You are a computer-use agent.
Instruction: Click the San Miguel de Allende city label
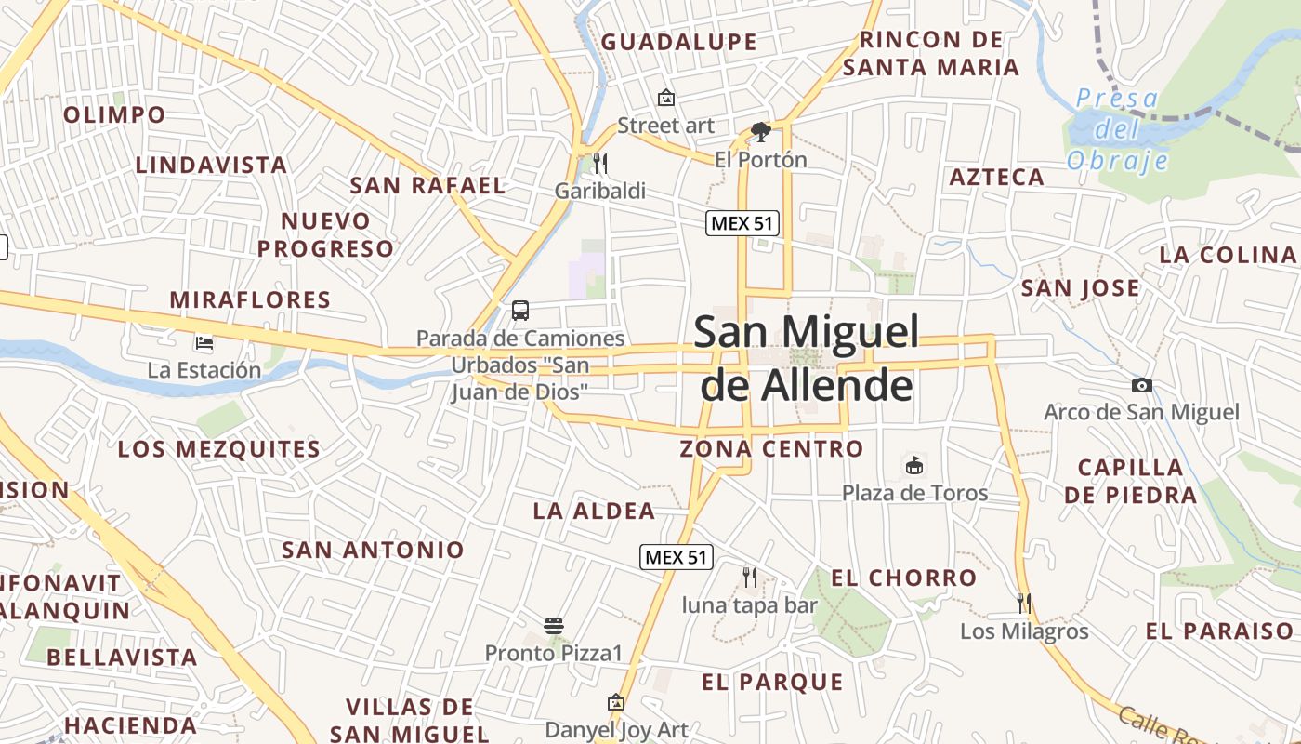[x=807, y=358]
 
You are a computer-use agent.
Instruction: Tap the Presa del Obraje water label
[x=1117, y=129]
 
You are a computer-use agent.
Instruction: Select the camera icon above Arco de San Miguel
[x=1141, y=385]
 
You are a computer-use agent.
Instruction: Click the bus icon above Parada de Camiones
[x=520, y=311]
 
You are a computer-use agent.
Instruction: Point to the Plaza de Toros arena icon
[x=914, y=465]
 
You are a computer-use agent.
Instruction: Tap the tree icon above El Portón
[x=761, y=131]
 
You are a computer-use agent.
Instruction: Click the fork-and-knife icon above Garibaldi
[x=600, y=164]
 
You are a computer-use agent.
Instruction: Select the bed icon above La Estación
[x=204, y=343]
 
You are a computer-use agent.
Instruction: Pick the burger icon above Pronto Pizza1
[x=554, y=625]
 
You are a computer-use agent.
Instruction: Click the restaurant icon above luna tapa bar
[x=750, y=578]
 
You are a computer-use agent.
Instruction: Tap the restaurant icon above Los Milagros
[x=1024, y=604]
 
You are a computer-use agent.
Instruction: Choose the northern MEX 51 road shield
[x=742, y=223]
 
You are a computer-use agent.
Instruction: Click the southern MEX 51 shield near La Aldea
[x=677, y=557]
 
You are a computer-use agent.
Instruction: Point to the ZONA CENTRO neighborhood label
[x=771, y=449]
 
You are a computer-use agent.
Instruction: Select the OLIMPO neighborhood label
[x=114, y=115]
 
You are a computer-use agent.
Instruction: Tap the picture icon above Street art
[x=665, y=97]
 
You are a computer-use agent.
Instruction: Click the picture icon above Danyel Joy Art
[x=615, y=702]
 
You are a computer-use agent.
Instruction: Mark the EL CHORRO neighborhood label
[x=903, y=578]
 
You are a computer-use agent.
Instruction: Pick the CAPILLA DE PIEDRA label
[x=1130, y=481]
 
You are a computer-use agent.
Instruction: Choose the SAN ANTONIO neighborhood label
[x=373, y=550]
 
